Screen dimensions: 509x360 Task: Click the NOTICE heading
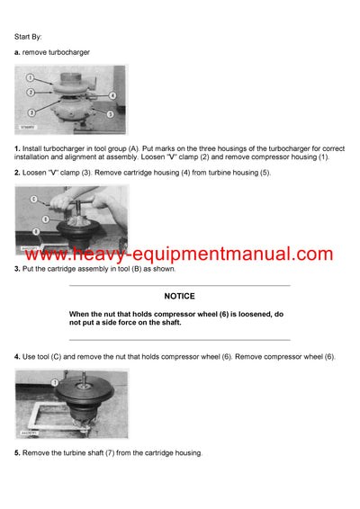pos(179,296)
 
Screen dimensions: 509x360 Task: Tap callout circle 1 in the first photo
pos(30,77)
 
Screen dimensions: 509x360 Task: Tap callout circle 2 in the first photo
pos(30,92)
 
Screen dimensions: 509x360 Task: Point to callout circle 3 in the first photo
pos(31,112)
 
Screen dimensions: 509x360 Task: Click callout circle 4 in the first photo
pos(112,95)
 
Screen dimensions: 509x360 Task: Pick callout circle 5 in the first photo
pos(108,115)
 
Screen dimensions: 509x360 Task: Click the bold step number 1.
pos(17,147)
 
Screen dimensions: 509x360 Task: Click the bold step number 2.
pos(17,172)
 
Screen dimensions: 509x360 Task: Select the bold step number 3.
pos(17,268)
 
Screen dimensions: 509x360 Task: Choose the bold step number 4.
pos(17,357)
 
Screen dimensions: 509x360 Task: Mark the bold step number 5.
pos(17,452)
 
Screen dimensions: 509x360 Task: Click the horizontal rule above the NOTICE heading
pos(179,286)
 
